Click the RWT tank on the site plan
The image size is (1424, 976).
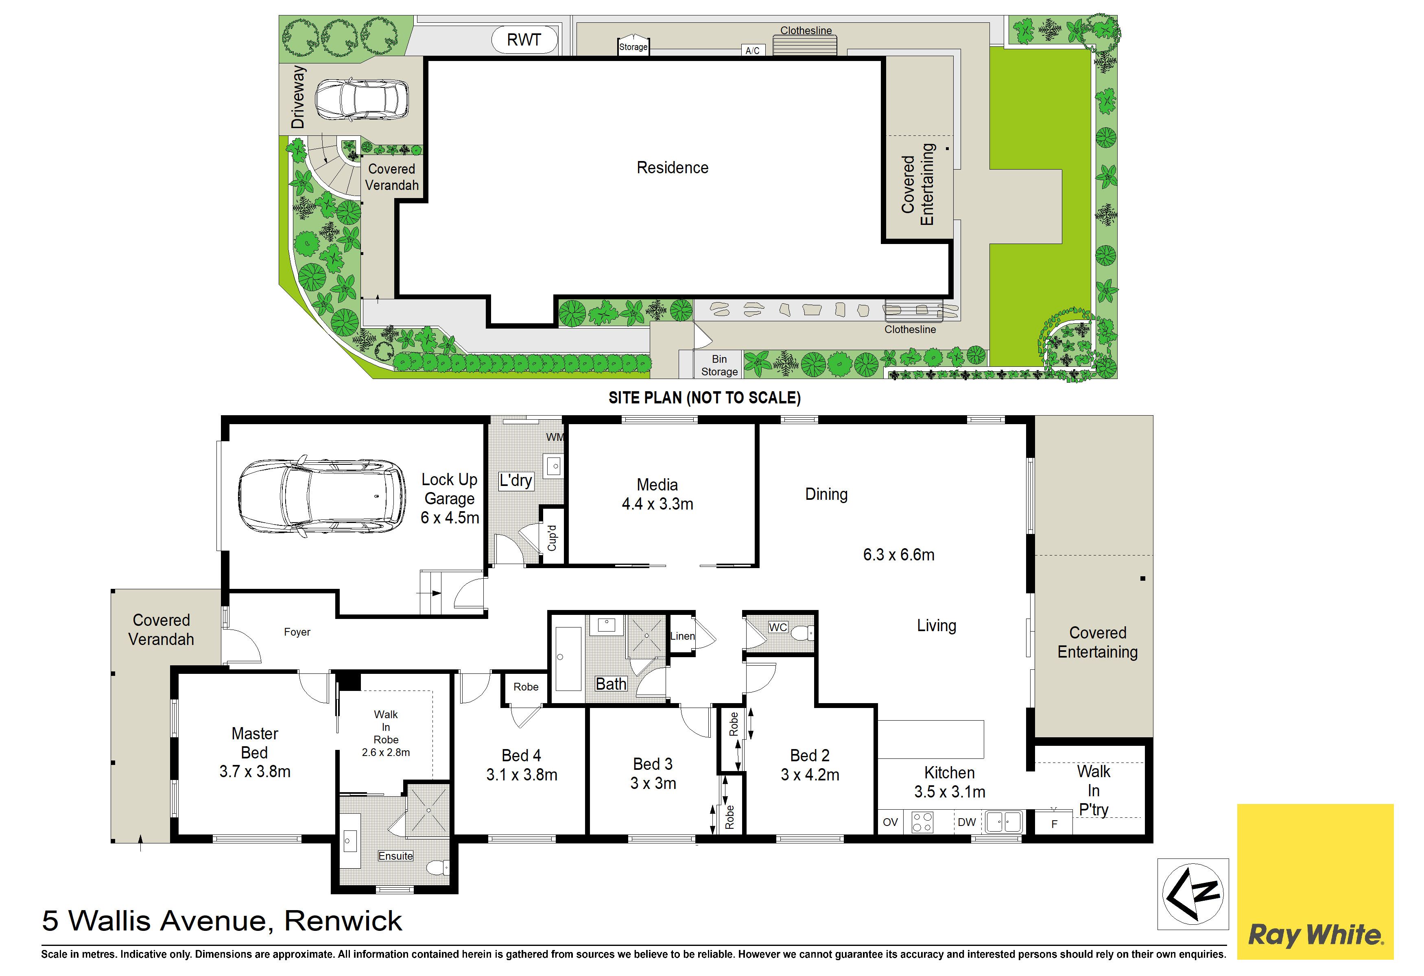[x=524, y=40]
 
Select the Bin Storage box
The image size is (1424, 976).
[x=719, y=365]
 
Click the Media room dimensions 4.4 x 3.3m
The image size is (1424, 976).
[x=657, y=504]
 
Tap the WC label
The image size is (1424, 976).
[x=778, y=627]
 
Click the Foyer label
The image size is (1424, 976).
[x=297, y=632]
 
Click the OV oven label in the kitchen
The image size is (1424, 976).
[x=890, y=822]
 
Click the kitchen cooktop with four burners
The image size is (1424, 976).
[x=922, y=822]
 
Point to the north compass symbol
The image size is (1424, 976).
[x=1192, y=893]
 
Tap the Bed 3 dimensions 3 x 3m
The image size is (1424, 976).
[x=653, y=783]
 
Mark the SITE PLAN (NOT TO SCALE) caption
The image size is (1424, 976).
[x=705, y=398]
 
